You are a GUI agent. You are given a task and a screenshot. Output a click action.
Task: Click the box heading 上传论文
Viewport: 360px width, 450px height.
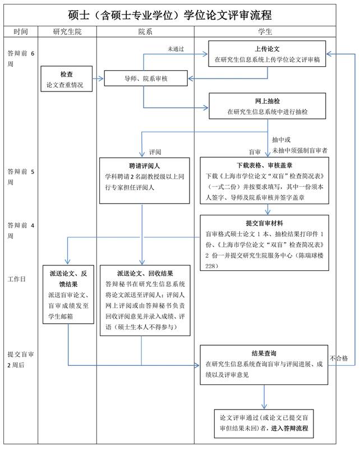click(x=267, y=49)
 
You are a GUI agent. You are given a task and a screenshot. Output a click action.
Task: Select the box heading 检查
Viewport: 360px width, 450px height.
click(x=67, y=74)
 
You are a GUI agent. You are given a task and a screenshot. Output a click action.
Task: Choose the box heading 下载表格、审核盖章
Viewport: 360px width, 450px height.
click(x=267, y=166)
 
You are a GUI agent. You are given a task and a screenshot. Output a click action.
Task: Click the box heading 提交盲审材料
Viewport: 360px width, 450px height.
click(x=267, y=223)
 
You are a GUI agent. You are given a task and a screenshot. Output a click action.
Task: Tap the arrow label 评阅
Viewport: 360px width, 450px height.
click(x=155, y=152)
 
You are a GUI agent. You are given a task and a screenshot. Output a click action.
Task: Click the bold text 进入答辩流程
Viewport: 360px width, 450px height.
click(x=289, y=429)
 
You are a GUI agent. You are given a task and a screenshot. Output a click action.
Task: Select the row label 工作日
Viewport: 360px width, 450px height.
click(x=17, y=279)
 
